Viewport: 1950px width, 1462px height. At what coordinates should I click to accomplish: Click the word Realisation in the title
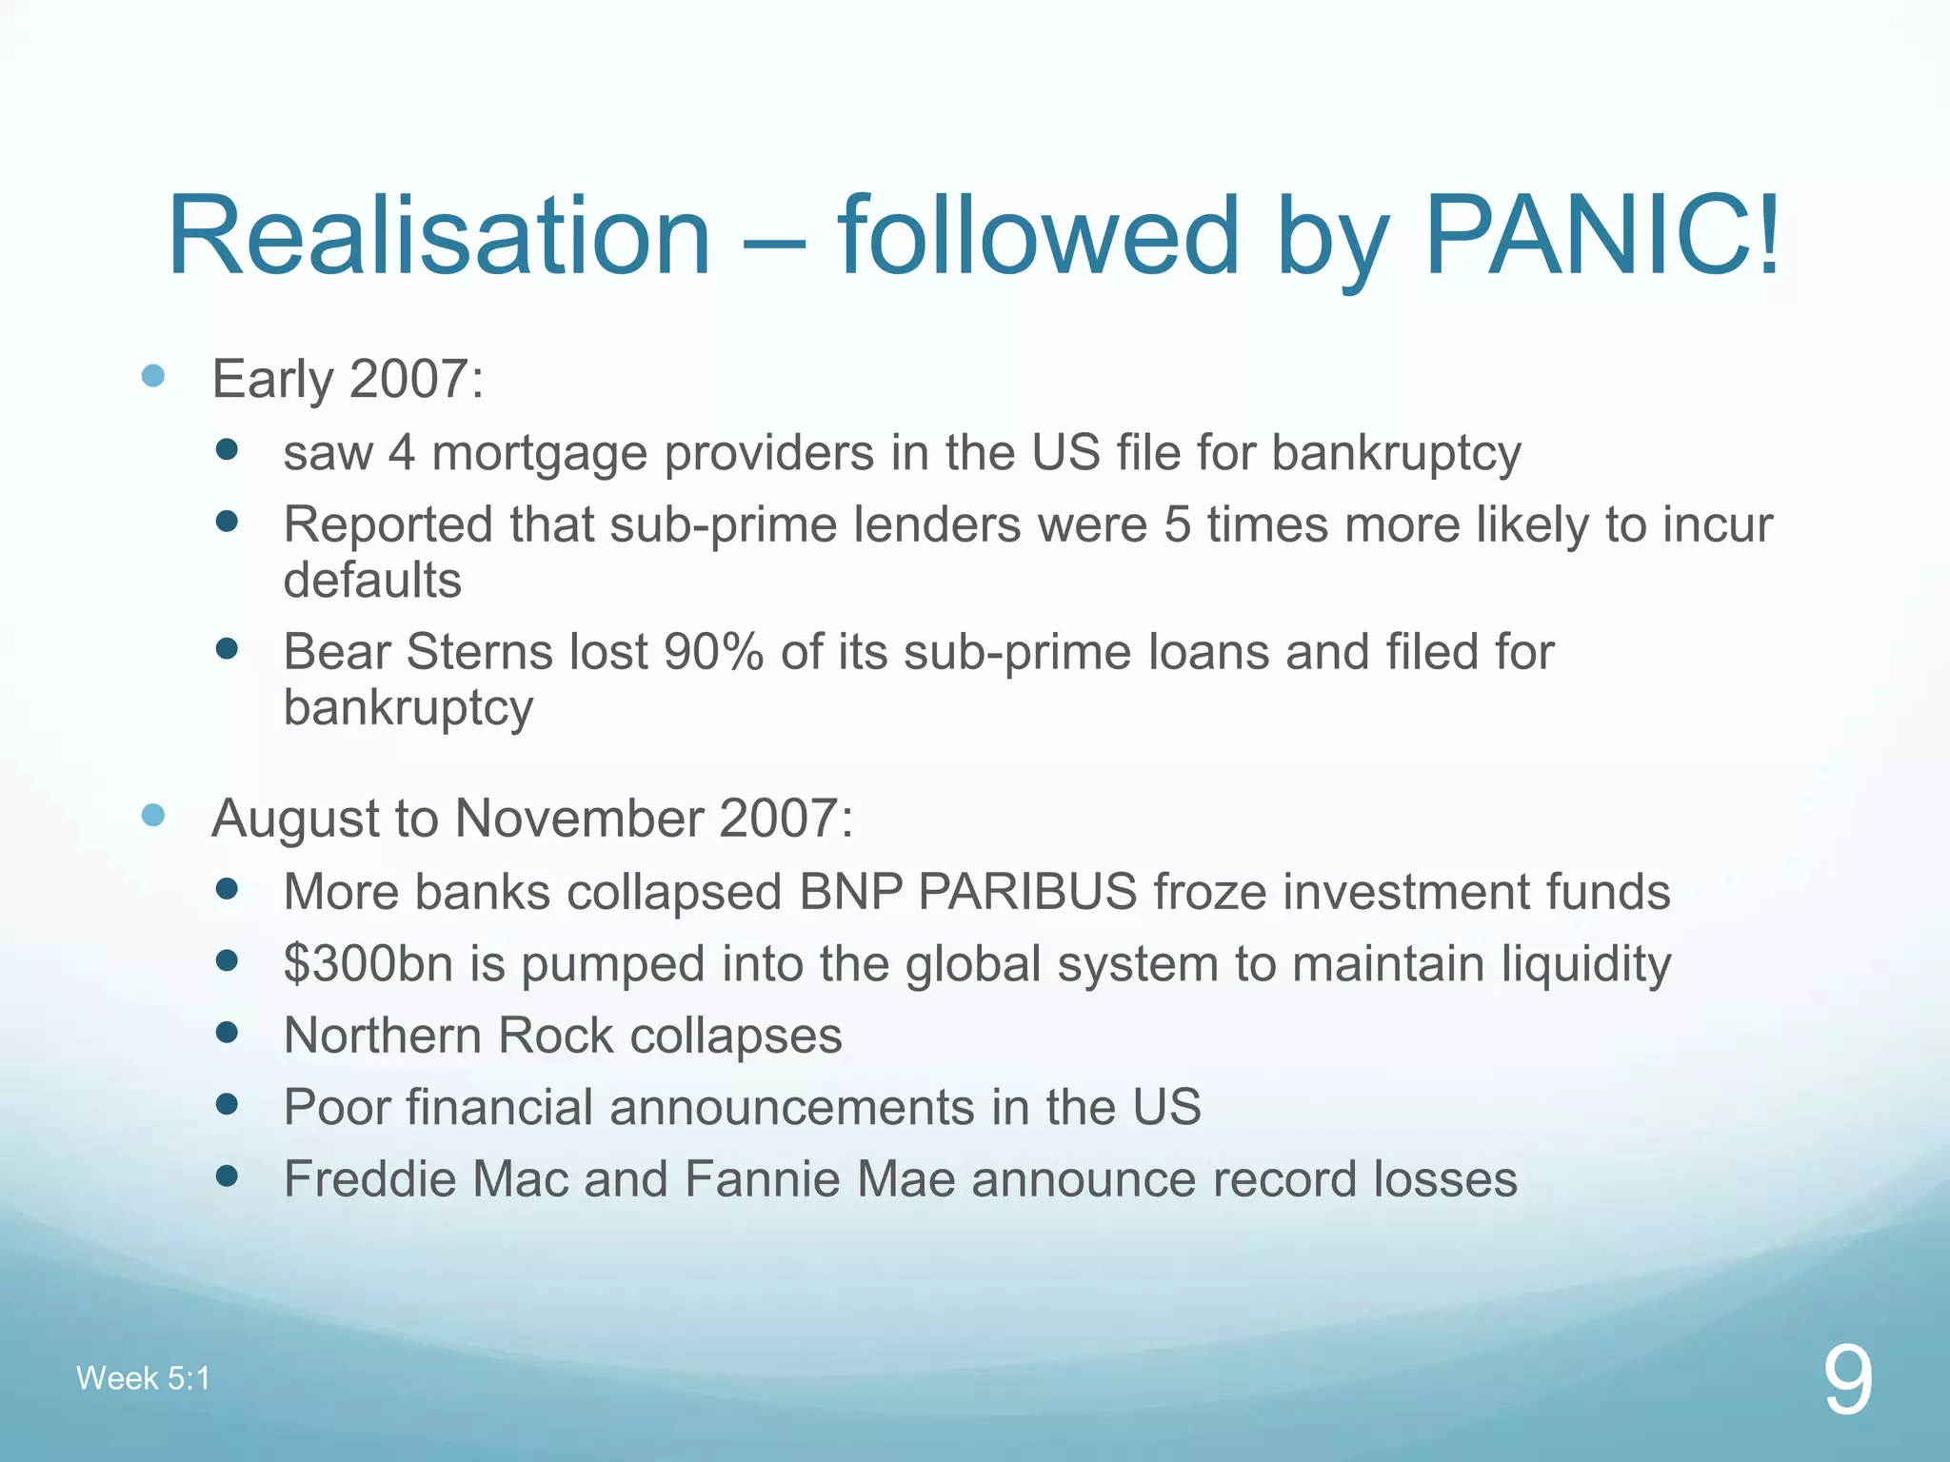439,235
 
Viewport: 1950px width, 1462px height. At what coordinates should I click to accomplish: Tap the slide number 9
1848,1381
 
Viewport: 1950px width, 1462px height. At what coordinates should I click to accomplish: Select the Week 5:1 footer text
143,1378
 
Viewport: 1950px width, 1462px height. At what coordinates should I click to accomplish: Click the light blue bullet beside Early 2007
153,376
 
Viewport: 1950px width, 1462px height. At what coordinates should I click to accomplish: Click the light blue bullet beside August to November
153,815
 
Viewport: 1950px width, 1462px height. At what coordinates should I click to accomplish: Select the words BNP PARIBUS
967,892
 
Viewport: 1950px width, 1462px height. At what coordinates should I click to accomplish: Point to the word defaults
372,580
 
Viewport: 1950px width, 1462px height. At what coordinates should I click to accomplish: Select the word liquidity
1585,963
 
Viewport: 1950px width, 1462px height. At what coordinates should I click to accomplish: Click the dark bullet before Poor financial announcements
227,1104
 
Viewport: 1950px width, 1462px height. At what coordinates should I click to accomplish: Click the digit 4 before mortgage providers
401,453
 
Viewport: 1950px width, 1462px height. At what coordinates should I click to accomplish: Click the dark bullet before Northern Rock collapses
227,1033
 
